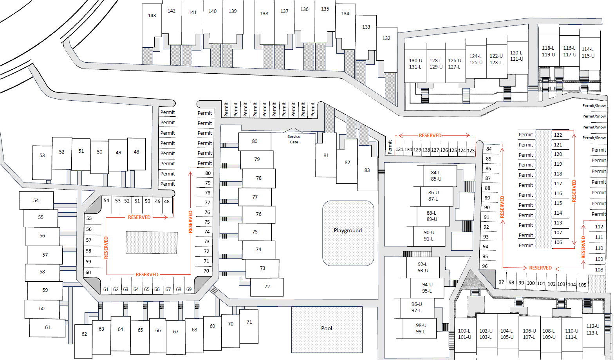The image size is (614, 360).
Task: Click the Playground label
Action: (x=348, y=231)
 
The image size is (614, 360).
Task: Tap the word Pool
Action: (x=327, y=328)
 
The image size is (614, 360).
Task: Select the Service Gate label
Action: (x=294, y=139)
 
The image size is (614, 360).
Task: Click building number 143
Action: (x=152, y=16)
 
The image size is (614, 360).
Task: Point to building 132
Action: (x=386, y=38)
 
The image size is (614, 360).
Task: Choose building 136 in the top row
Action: (x=304, y=9)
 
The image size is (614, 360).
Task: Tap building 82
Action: (x=347, y=163)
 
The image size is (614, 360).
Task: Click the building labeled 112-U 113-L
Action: (x=593, y=329)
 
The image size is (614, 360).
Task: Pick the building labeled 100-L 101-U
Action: (x=464, y=334)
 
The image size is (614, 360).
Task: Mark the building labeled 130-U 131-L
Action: (x=415, y=63)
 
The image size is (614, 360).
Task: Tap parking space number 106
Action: (x=558, y=242)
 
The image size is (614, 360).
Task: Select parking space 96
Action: (x=485, y=266)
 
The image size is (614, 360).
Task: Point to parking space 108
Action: (x=599, y=270)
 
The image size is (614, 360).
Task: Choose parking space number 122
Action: (x=558, y=135)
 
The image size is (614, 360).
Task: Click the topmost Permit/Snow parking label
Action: (x=594, y=106)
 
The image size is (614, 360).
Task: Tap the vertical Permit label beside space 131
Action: (x=390, y=147)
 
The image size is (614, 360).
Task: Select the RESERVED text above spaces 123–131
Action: (x=430, y=136)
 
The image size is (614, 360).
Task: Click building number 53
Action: (x=42, y=156)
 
